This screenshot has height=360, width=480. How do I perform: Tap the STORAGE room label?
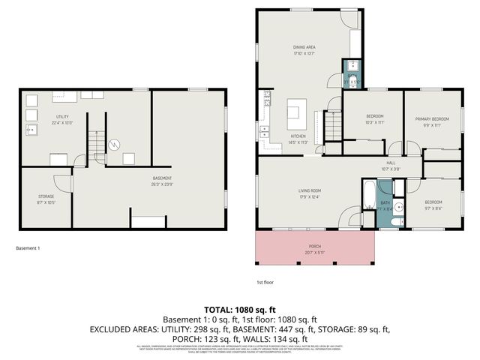[46, 196]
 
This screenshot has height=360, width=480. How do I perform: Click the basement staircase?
[96, 144]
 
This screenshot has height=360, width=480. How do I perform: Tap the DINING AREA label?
[304, 48]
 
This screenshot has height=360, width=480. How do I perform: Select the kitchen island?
[295, 116]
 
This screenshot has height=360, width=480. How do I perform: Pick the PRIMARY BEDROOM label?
[433, 118]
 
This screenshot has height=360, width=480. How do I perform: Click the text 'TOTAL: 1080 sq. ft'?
[240, 309]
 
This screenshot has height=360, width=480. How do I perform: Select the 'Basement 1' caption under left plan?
[28, 248]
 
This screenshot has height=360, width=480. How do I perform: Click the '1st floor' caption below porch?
[264, 282]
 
